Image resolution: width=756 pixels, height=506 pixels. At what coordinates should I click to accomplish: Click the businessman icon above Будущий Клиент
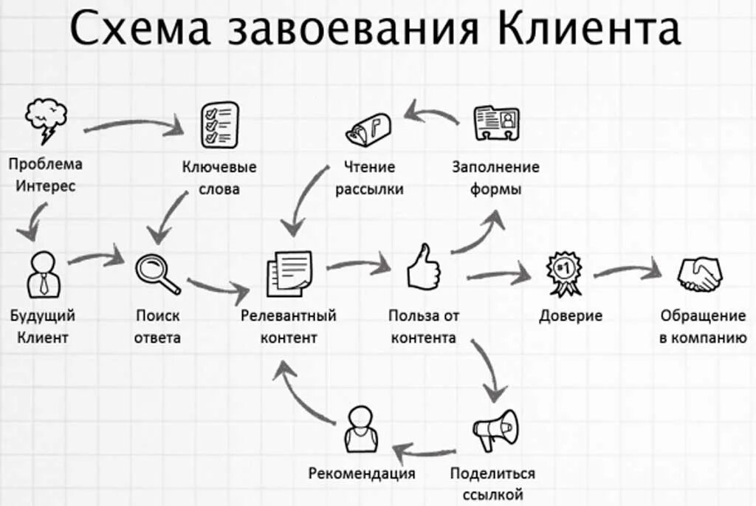point(43,274)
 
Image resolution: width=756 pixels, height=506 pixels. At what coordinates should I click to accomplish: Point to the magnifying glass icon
point(157,273)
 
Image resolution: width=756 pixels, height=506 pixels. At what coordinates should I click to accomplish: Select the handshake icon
point(700,273)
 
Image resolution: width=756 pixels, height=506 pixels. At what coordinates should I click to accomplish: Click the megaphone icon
point(496,430)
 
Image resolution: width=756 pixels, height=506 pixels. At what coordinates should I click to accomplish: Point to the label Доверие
point(571,316)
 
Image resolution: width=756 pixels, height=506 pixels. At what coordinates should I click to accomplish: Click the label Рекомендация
point(362,473)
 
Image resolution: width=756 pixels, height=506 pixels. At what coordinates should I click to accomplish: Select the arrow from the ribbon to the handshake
point(626,271)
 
